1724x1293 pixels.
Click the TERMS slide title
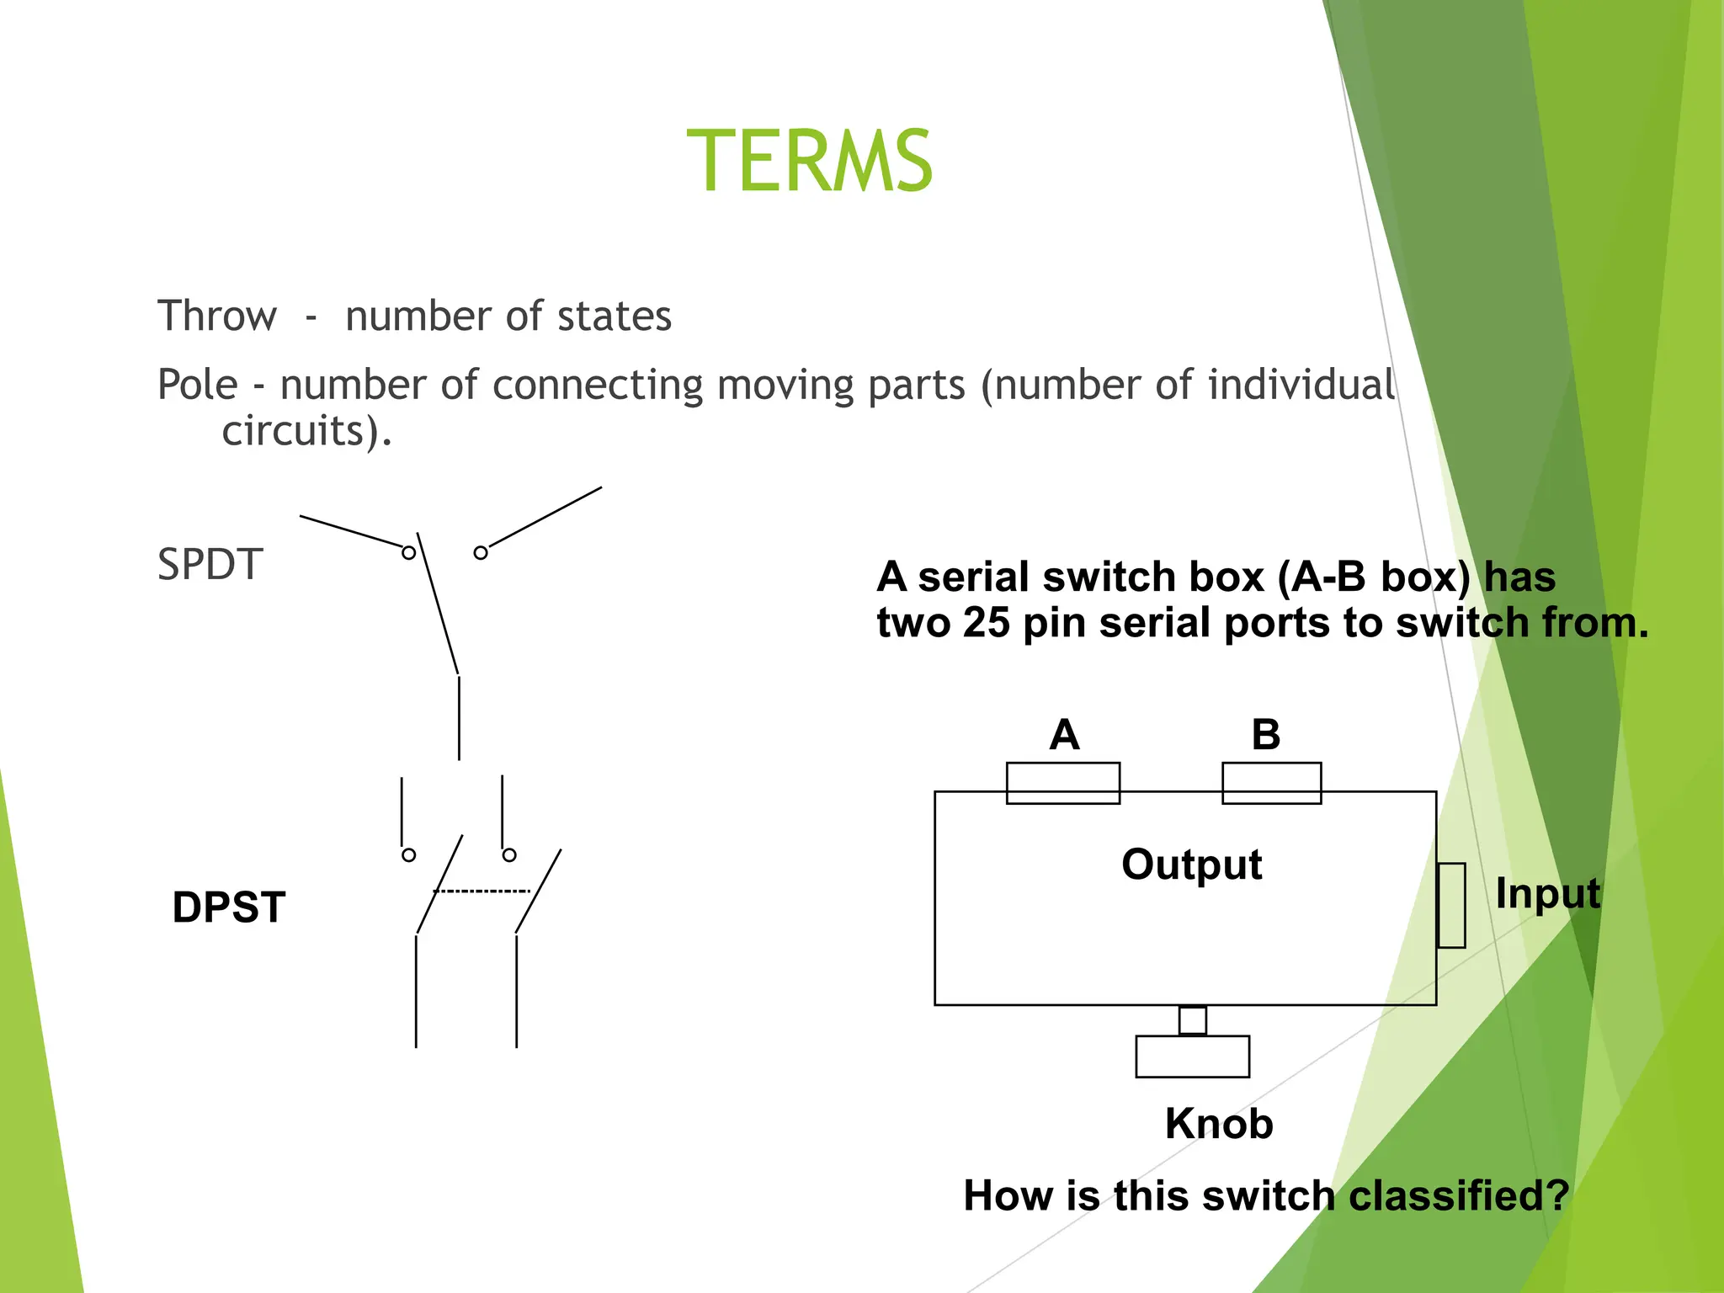click(809, 161)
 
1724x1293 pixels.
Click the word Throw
click(217, 317)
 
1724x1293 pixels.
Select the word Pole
click(198, 386)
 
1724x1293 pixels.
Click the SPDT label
click(210, 564)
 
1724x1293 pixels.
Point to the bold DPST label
click(229, 907)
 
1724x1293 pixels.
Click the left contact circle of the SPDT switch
click(408, 553)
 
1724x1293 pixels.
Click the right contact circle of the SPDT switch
click(481, 553)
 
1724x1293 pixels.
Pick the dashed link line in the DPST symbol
click(482, 891)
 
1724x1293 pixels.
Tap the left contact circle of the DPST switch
click(408, 855)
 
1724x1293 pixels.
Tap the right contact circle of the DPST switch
click(509, 855)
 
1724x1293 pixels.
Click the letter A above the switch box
click(1064, 735)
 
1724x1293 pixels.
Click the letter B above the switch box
click(1265, 735)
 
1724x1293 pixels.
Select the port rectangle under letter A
click(1063, 783)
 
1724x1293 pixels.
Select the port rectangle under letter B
click(1271, 783)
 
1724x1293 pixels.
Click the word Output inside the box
click(1191, 865)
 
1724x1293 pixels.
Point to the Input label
click(1547, 893)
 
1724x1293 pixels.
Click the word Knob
click(1219, 1124)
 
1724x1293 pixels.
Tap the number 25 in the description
click(986, 623)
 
